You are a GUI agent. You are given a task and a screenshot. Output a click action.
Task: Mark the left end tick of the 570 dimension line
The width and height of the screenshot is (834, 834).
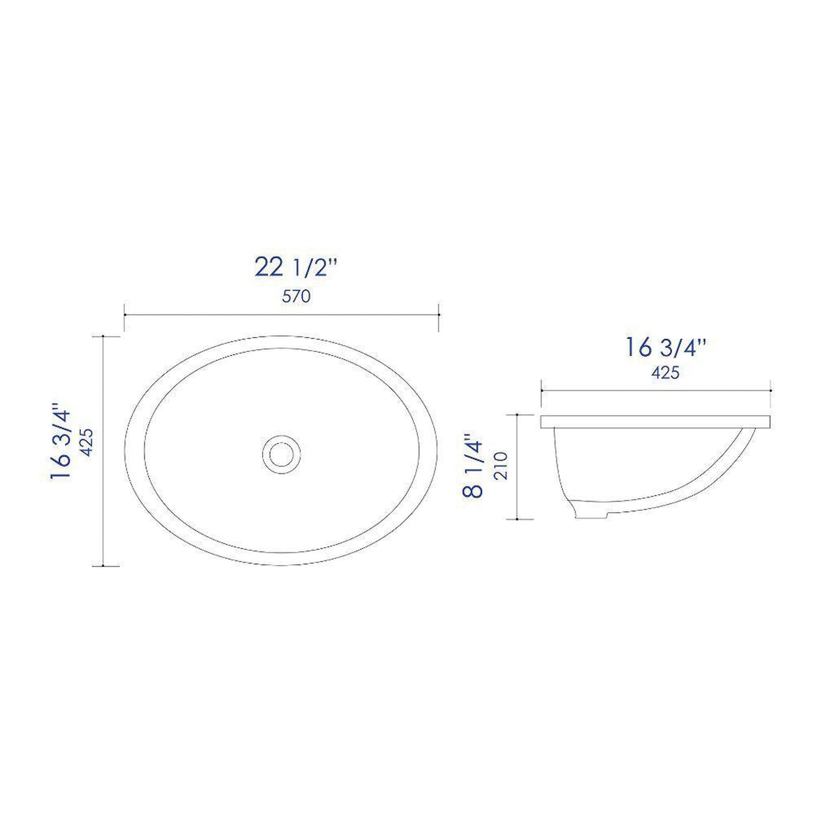pos(125,315)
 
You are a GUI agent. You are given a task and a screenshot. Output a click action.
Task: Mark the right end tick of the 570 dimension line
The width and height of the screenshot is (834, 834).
pos(439,315)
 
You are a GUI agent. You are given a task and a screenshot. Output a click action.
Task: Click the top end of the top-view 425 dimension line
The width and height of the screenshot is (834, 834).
pos(103,336)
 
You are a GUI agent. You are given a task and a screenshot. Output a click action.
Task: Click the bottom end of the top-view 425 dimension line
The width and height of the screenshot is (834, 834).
pos(103,566)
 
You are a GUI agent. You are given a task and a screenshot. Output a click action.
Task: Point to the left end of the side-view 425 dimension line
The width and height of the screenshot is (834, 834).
pos(541,391)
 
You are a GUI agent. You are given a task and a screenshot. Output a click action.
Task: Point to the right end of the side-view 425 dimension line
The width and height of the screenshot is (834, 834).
pos(771,391)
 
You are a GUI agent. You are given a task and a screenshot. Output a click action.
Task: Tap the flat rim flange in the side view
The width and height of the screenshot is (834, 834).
pos(656,421)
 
